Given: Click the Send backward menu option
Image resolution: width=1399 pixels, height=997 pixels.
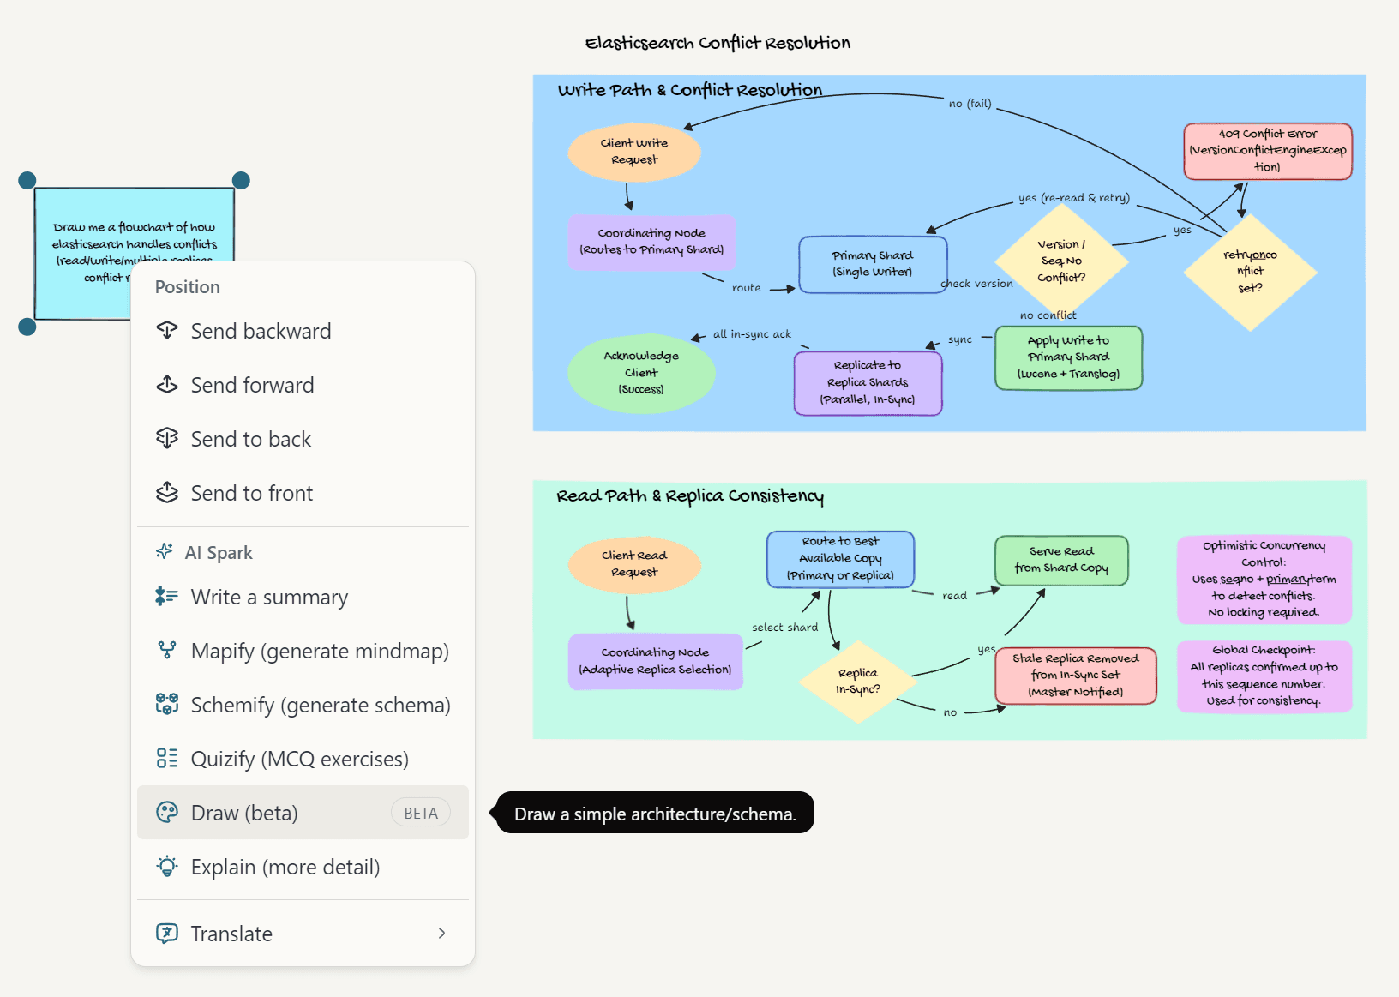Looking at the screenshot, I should click(260, 332).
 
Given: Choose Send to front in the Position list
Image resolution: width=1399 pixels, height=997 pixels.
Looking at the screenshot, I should click(251, 494).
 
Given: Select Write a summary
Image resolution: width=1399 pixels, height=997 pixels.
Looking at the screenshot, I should click(268, 598).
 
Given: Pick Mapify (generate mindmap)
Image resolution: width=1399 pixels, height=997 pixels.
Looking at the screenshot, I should click(319, 652).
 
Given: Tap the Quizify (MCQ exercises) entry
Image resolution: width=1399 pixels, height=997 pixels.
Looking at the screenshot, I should click(299, 760).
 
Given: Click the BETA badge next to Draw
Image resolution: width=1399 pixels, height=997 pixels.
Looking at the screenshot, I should click(420, 814).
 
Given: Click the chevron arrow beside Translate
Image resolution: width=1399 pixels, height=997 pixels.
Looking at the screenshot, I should click(441, 934).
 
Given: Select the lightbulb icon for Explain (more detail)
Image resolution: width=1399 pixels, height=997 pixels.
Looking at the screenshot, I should click(167, 867).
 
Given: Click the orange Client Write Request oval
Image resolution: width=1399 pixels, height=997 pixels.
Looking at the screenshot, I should click(634, 152).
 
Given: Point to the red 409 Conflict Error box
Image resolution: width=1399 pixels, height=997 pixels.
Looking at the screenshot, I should click(1267, 151).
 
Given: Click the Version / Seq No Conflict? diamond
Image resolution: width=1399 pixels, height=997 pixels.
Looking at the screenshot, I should click(1061, 261).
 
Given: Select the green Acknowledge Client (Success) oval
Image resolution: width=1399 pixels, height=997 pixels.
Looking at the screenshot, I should click(641, 373).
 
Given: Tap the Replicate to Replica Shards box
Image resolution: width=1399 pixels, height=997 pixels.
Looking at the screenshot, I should click(868, 382).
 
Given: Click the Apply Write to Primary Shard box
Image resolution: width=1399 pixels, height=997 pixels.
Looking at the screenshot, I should click(1068, 357).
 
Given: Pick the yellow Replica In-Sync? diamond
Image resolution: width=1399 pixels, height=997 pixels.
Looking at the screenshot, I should click(857, 682).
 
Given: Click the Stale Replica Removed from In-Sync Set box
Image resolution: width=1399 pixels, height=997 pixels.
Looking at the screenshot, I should click(1075, 676).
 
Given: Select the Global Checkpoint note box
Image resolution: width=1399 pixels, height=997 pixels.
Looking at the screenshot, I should click(1264, 676).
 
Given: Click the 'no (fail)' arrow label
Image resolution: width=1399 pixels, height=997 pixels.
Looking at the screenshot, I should click(970, 104).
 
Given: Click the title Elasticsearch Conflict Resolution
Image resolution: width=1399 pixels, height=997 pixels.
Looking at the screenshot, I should click(718, 43).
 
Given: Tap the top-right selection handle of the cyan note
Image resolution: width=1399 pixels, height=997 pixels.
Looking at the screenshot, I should click(241, 180).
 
